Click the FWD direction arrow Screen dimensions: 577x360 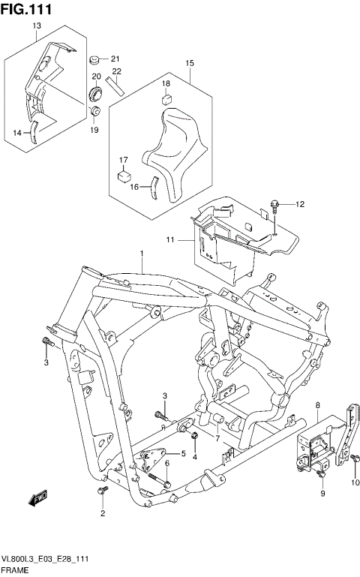tap(37, 496)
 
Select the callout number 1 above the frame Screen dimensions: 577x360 tap(141, 255)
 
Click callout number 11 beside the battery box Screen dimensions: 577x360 tap(170, 239)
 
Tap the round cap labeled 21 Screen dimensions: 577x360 tap(95, 59)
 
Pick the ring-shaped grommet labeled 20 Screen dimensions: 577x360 tap(96, 95)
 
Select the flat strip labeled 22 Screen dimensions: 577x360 tap(116, 83)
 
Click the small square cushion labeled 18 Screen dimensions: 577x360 tap(166, 98)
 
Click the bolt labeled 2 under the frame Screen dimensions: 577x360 tap(102, 492)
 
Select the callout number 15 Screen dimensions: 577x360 tap(190, 63)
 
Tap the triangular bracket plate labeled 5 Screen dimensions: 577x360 tap(153, 457)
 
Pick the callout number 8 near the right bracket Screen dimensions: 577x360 tap(318, 405)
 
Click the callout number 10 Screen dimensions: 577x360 tap(356, 480)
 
